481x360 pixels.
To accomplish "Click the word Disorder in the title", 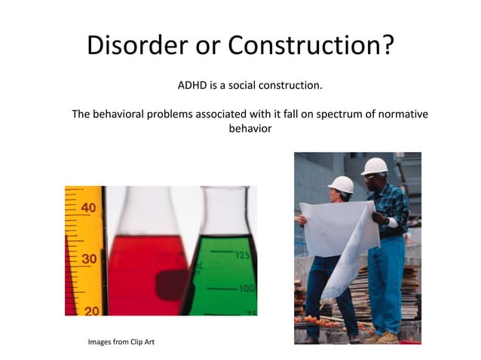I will click(x=136, y=45).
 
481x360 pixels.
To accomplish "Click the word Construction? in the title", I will click(x=311, y=45).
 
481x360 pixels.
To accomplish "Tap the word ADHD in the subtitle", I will click(x=191, y=85).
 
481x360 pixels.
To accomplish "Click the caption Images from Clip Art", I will click(x=121, y=343).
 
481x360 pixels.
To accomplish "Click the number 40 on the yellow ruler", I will click(x=88, y=207).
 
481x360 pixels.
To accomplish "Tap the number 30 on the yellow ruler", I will click(x=88, y=258).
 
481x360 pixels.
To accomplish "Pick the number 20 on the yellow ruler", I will click(x=90, y=310).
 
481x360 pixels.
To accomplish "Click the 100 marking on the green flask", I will click(x=245, y=288).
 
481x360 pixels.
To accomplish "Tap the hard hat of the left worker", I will click(x=342, y=184).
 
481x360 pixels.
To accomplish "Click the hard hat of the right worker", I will click(x=374, y=166).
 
